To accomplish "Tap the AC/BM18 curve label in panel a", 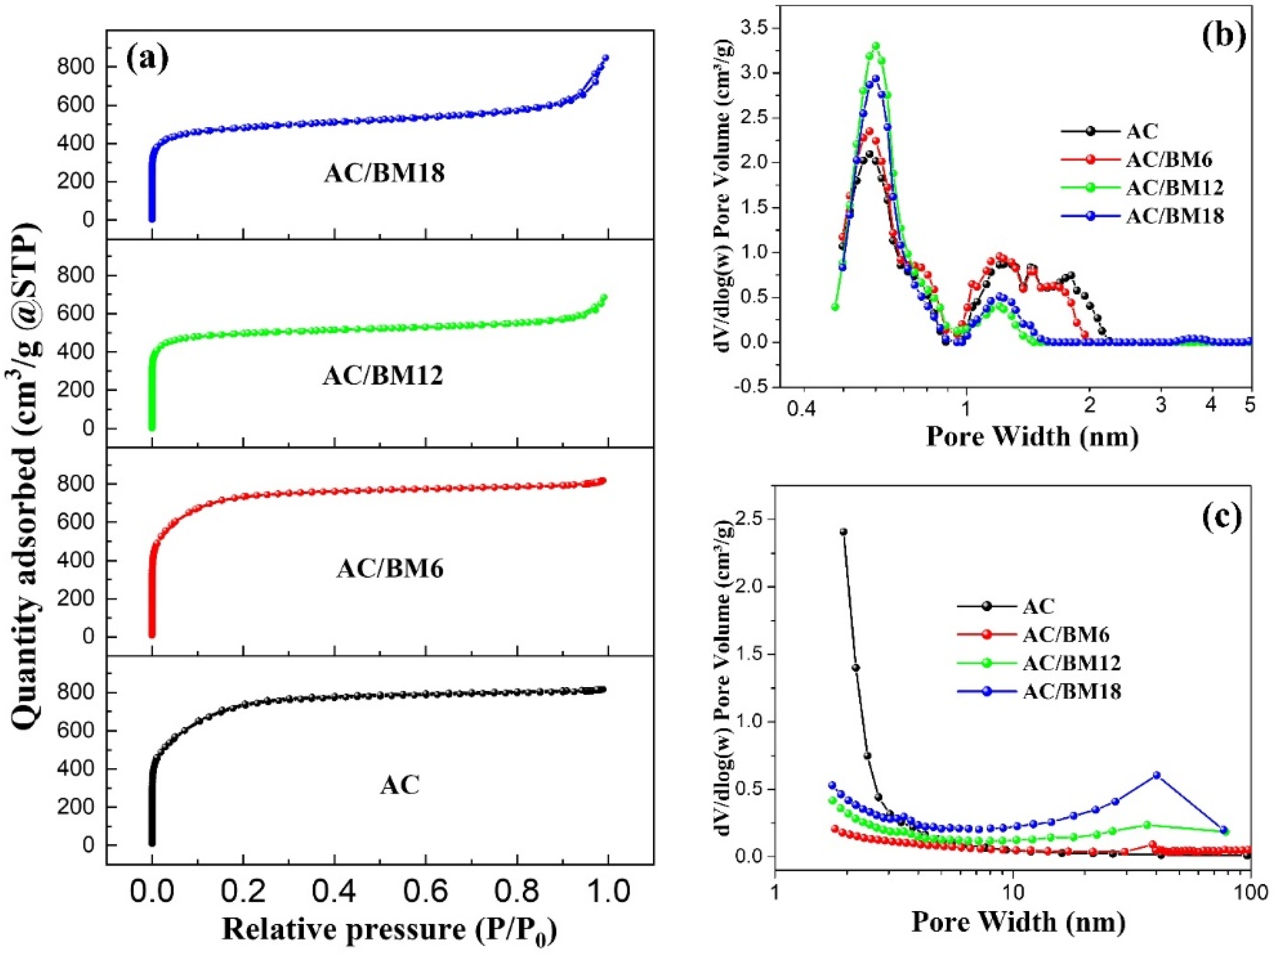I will [x=384, y=173].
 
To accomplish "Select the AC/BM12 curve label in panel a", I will [x=383, y=376].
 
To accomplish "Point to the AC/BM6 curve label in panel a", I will [x=390, y=569].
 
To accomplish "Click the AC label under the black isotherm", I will [x=400, y=785].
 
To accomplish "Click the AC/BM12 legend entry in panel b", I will [x=1174, y=188].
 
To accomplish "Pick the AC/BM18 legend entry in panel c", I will [x=1072, y=691].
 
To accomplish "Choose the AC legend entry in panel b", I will [x=1142, y=131].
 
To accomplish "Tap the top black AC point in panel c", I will [x=844, y=532].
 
